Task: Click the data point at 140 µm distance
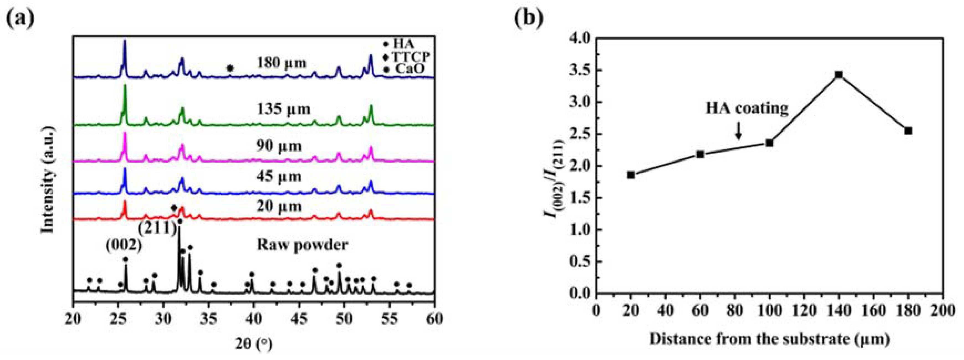pos(839,75)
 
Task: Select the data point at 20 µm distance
pos(631,175)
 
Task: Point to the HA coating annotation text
pos(747,109)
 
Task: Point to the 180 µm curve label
pos(282,63)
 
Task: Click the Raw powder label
pos(302,245)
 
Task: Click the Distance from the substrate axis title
pos(769,339)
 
